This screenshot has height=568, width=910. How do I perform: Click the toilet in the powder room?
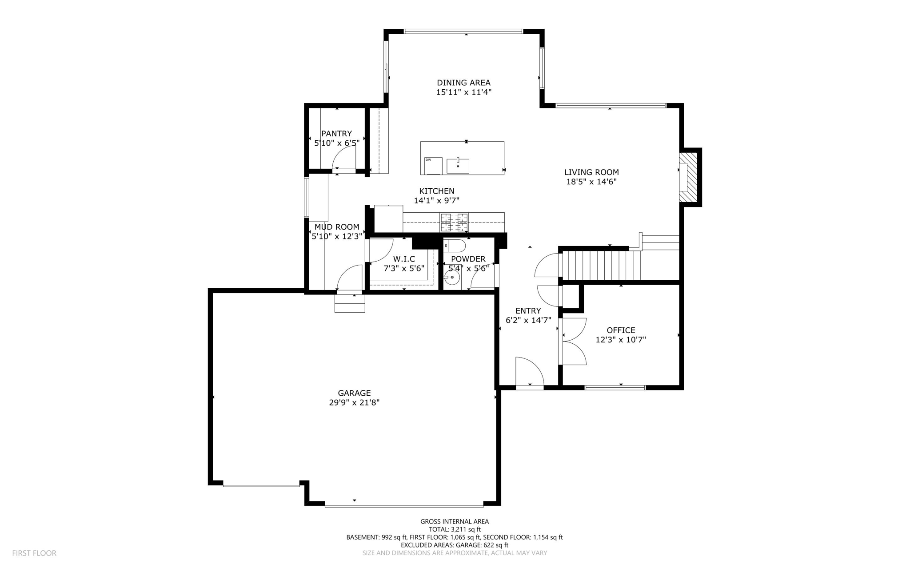(455, 246)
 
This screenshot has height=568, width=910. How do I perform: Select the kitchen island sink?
(458, 165)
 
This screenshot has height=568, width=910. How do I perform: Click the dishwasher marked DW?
(434, 166)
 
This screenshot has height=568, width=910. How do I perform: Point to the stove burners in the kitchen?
(454, 222)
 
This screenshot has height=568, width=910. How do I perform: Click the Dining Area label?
(463, 83)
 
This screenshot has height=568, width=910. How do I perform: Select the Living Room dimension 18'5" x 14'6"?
(591, 182)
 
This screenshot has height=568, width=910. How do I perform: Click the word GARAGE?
(354, 393)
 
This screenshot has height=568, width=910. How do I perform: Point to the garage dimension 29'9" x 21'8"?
(354, 403)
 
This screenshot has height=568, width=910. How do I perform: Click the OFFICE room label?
(621, 330)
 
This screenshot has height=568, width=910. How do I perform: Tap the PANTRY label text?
(336, 134)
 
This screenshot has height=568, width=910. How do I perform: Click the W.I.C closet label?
(404, 259)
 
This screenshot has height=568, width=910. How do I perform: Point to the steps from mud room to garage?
(350, 303)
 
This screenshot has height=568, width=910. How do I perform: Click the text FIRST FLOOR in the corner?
(34, 553)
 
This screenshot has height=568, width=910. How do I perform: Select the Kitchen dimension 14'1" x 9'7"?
(436, 201)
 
